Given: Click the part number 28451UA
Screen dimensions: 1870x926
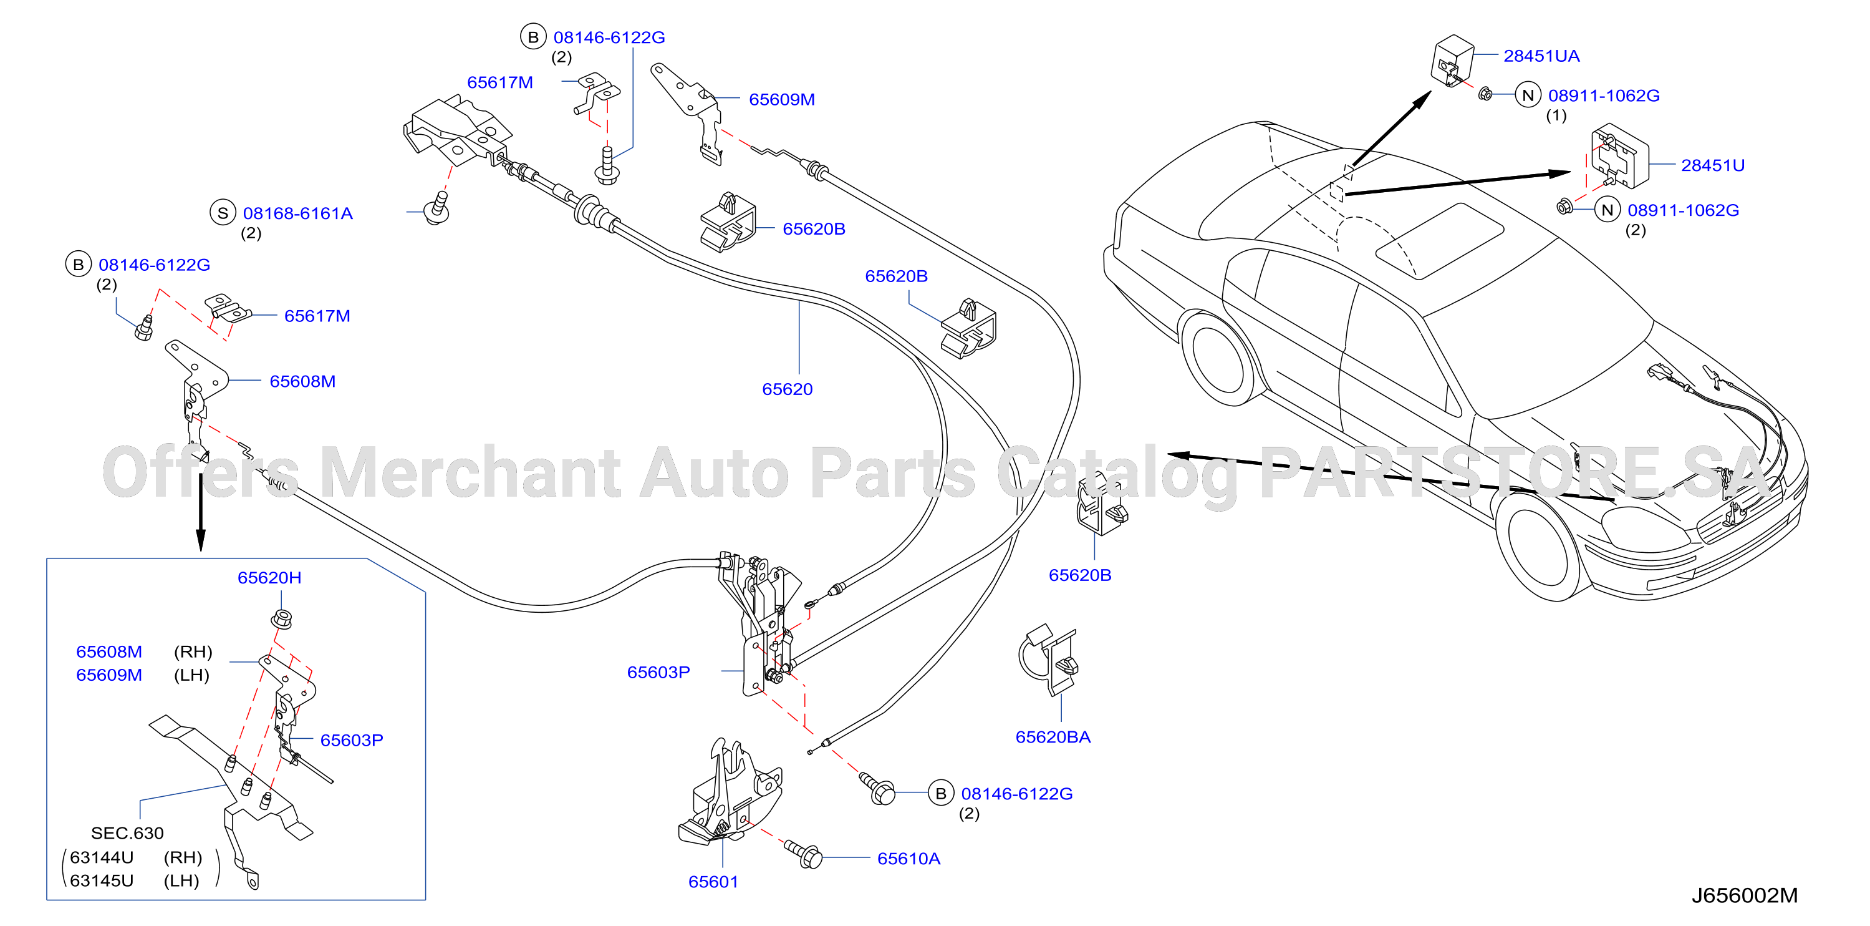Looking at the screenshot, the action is pos(1541,56).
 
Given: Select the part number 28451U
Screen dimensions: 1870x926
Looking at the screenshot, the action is pos(1712,165).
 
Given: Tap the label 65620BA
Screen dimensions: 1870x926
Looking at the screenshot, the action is pos(1053,737).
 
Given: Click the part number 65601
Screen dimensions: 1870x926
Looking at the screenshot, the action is pos(713,882).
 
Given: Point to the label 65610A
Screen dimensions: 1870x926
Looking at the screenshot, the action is pos(909,859).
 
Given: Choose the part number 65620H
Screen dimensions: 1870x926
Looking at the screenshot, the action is pos(269,577).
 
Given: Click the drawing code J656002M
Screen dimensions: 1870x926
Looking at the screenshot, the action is pos(1745,895).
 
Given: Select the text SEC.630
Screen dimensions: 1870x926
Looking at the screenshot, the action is pos(127,833).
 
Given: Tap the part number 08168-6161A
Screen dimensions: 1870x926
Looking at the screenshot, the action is pos(297,213).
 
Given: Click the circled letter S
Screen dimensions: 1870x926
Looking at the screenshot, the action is pos(223,213).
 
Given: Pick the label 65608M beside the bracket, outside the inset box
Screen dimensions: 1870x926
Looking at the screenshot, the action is pos(302,381).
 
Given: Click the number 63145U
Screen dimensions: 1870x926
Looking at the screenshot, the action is pos(102,881).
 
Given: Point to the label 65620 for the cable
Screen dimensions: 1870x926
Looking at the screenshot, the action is pos(787,389).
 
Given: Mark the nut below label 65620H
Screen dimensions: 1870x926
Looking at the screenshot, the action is pos(282,620).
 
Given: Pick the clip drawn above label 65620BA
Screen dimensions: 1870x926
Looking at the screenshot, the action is pos(1049,660).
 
